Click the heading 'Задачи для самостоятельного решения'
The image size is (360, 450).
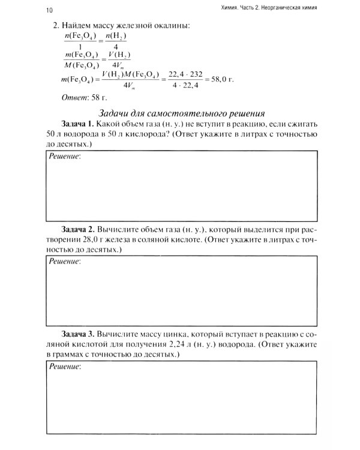click(181, 113)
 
